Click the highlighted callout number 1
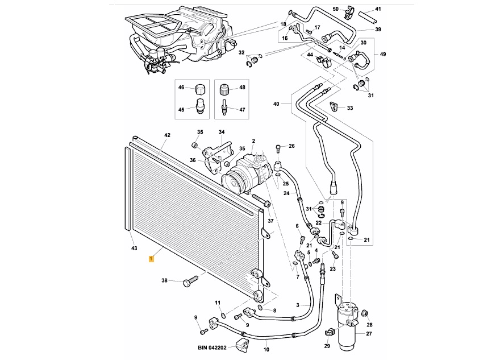coord(150,259)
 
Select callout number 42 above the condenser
coord(167,135)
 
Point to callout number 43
coord(134,249)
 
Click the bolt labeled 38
coord(190,281)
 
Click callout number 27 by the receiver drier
coord(369,334)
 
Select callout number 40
coord(277,104)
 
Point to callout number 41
coord(379,10)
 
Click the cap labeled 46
coord(199,89)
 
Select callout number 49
coord(383,55)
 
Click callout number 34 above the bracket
coord(222,133)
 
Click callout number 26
coord(291,146)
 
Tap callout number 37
coord(270,221)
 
